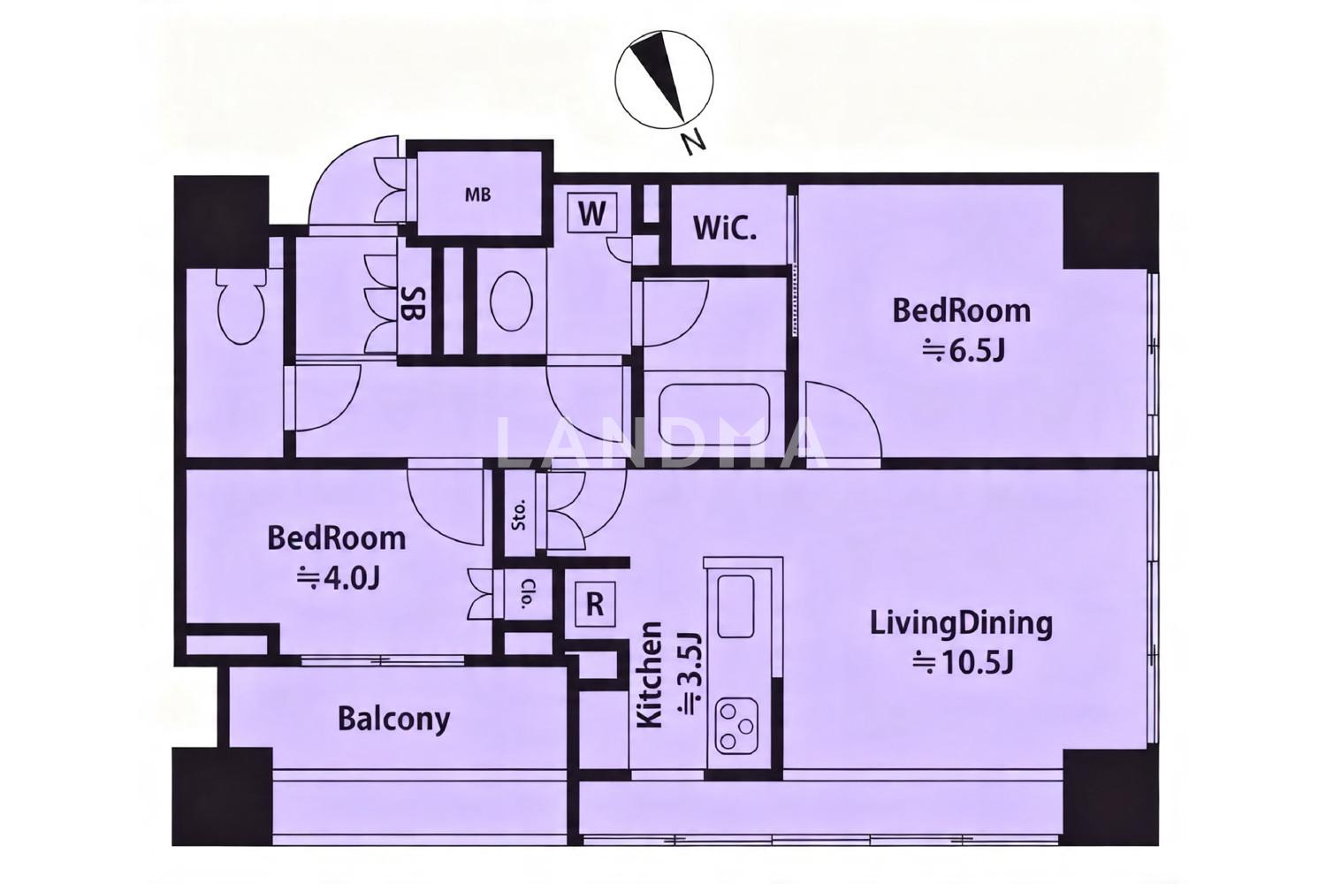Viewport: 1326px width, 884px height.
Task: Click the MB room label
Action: point(477,194)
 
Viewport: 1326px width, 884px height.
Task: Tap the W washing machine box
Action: point(592,213)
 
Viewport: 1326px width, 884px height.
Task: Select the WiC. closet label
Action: point(725,229)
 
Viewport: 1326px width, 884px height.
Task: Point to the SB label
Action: point(413,304)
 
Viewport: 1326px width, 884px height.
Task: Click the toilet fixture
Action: point(240,305)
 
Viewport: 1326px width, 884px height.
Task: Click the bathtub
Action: point(715,415)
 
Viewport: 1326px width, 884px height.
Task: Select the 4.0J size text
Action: point(338,578)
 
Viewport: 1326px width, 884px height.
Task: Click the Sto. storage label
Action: point(519,515)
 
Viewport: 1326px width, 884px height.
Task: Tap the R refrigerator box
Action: point(595,605)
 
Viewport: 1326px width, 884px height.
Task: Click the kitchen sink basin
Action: point(736,606)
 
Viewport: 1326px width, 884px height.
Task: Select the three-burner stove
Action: point(736,726)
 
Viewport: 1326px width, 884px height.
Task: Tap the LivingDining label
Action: point(962,625)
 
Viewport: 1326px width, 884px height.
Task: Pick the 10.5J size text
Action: point(963,662)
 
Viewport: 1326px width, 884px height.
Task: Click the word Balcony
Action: point(393,720)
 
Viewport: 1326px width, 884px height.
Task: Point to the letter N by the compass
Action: point(693,144)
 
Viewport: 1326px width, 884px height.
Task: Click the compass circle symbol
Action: point(664,79)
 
